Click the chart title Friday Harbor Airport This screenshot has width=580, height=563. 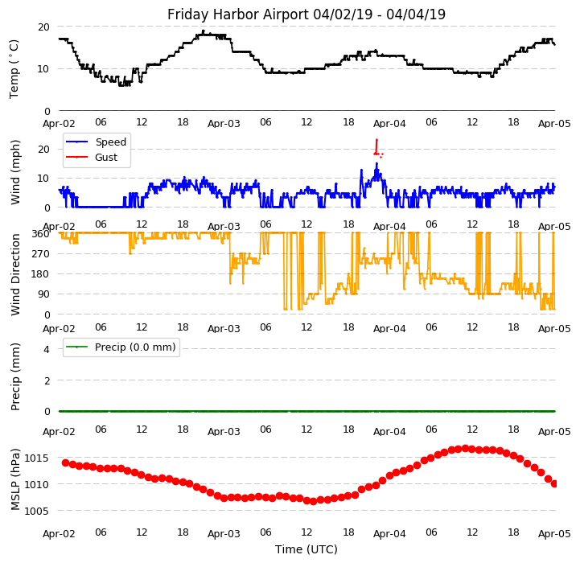tap(306, 14)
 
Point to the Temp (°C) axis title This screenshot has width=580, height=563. tap(14, 68)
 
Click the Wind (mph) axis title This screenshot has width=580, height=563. tap(16, 171)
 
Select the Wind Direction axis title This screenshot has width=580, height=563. tap(16, 274)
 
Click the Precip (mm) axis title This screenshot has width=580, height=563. tap(16, 376)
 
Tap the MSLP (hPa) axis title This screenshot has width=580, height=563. tap(16, 479)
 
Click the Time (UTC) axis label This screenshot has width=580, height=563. tap(306, 549)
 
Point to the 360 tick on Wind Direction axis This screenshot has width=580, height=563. tap(40, 233)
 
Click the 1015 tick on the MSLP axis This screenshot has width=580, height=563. tap(37, 458)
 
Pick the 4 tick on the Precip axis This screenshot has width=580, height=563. tap(47, 349)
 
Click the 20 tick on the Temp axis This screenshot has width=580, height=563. tap(43, 27)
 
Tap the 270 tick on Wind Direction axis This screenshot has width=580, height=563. tap(40, 254)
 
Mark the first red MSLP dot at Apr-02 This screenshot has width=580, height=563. tap(65, 462)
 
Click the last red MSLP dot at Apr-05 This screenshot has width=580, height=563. tap(554, 483)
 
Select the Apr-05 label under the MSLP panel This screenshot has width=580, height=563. tap(554, 533)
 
